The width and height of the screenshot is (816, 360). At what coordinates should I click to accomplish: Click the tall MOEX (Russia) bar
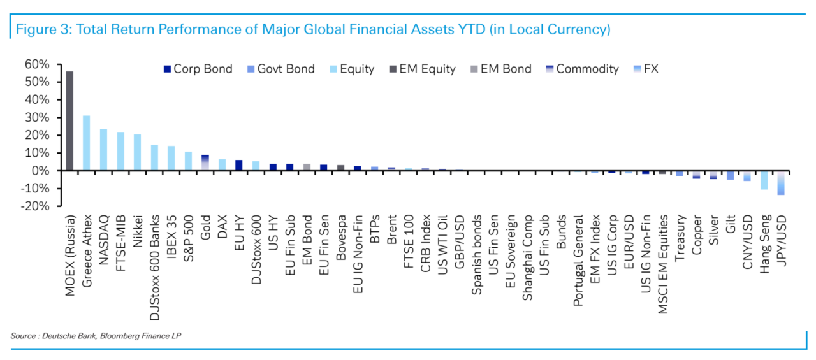click(x=69, y=121)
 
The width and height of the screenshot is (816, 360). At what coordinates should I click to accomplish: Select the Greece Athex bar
click(x=87, y=143)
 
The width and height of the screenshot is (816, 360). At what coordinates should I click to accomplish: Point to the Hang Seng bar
click(x=764, y=180)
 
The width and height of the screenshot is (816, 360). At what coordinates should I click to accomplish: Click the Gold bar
click(x=205, y=163)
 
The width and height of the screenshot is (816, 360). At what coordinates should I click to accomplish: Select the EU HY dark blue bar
click(x=238, y=166)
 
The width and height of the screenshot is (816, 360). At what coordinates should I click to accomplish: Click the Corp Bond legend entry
click(x=198, y=69)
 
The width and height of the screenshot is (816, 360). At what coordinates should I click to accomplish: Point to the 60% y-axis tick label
click(x=37, y=64)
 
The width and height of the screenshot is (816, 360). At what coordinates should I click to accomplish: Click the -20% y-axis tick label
click(x=35, y=206)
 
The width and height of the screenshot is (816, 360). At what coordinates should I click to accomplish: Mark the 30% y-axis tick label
click(x=37, y=118)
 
